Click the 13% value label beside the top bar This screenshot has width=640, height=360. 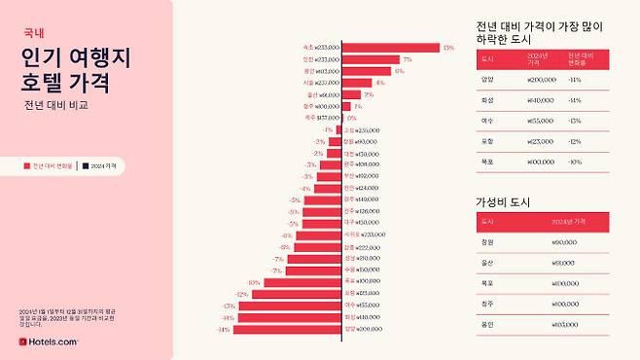(448, 48)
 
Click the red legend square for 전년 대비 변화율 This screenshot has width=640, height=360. (27, 166)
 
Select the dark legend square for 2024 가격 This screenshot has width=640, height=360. (86, 166)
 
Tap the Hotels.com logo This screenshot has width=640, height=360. (49, 342)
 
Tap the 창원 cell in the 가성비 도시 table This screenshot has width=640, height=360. (487, 242)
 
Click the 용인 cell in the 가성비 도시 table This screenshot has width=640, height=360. (487, 324)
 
